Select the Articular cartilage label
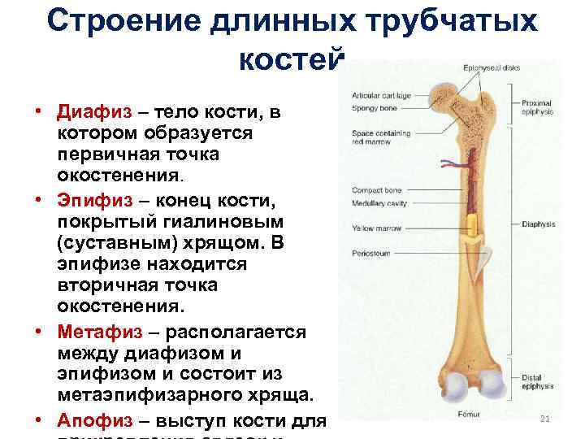tap(380, 95)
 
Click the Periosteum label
tap(371, 254)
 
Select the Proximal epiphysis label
tap(538, 107)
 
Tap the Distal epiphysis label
tap(536, 381)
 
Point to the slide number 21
tap(544, 418)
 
